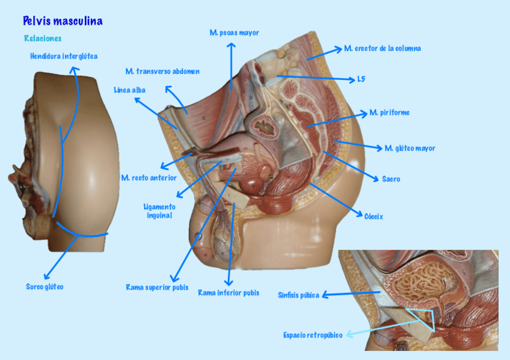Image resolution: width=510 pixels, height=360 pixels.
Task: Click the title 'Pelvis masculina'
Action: click(63, 22)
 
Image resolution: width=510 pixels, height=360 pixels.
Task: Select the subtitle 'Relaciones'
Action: click(43, 38)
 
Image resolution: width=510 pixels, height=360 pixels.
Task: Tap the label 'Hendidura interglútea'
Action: click(64, 56)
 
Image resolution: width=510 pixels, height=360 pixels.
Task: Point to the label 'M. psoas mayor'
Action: click(234, 33)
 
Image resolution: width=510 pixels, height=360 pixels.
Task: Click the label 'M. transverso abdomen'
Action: click(162, 72)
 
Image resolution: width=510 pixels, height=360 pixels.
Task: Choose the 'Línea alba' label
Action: click(129, 90)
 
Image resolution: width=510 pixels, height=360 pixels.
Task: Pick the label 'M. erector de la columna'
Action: click(382, 49)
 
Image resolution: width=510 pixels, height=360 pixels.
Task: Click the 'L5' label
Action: click(361, 79)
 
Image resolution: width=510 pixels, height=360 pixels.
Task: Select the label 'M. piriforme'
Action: click(390, 112)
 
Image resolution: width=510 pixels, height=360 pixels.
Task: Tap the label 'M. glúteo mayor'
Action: click(410, 148)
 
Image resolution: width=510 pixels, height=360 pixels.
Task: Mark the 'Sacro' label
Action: click(391, 179)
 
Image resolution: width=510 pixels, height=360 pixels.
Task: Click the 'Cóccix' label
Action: click(373, 216)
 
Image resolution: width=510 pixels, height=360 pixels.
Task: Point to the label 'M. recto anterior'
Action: click(149, 178)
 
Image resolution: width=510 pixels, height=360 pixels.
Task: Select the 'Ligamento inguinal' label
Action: click(159, 210)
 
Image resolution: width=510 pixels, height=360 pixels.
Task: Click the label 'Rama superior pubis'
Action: click(157, 287)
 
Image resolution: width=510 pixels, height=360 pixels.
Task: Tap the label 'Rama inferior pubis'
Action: click(229, 293)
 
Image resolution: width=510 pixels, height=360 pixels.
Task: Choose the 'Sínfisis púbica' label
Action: click(299, 295)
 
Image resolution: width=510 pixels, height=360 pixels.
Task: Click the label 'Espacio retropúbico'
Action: click(313, 335)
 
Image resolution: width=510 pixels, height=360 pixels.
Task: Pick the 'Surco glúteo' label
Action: click(45, 287)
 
